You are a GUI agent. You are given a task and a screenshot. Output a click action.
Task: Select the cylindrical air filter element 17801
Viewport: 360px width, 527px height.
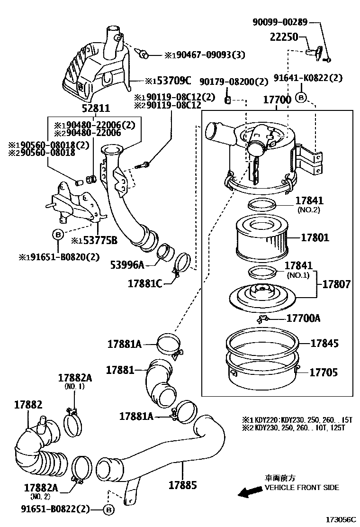point(261,237)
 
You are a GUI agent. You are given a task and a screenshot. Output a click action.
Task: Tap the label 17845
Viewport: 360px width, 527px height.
point(325,343)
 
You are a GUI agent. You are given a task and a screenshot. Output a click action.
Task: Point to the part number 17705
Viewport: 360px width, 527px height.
point(324,373)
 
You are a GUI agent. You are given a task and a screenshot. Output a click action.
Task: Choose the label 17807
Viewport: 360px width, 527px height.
point(337,284)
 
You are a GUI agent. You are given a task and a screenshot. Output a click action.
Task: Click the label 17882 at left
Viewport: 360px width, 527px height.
point(28,405)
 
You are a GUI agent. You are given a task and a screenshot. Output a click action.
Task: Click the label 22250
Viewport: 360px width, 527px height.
point(284,37)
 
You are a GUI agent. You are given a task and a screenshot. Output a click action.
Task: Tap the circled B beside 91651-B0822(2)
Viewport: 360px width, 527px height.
point(108,510)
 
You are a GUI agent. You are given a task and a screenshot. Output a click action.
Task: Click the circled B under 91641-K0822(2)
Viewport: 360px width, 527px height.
point(301,98)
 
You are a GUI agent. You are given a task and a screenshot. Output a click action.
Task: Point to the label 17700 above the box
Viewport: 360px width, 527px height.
point(276,100)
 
